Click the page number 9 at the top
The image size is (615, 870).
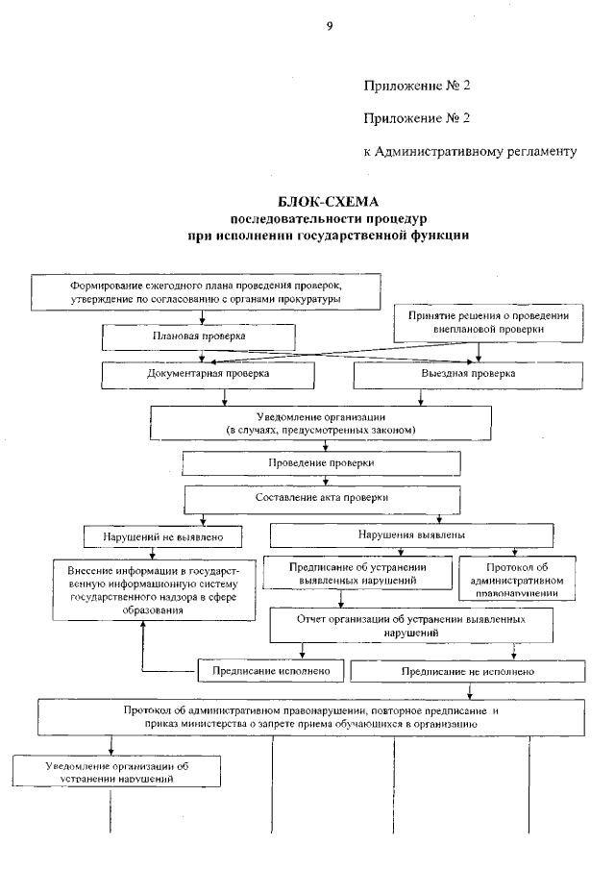pyautogui.click(x=329, y=26)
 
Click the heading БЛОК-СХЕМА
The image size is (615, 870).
pyautogui.click(x=329, y=202)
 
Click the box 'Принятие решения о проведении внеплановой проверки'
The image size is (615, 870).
pyautogui.click(x=489, y=321)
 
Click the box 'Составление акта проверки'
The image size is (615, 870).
pyautogui.click(x=321, y=498)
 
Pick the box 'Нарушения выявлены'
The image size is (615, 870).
pyautogui.click(x=412, y=534)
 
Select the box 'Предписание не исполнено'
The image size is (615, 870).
pyautogui.click(x=468, y=670)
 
